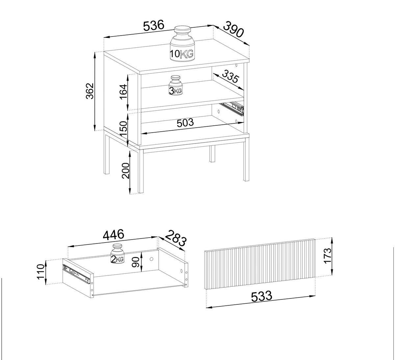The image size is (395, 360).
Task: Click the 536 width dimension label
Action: (154, 26)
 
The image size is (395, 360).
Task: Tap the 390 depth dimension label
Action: (234, 30)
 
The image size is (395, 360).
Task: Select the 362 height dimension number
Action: (90, 91)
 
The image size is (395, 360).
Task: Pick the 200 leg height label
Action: (125, 170)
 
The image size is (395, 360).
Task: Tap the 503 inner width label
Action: (185, 123)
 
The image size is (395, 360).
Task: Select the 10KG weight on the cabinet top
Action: (182, 44)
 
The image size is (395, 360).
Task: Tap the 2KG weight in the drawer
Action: (117, 254)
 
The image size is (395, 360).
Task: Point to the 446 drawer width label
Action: (114, 235)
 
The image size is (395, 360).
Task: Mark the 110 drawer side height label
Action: (41, 271)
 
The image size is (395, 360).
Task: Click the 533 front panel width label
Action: (262, 296)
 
